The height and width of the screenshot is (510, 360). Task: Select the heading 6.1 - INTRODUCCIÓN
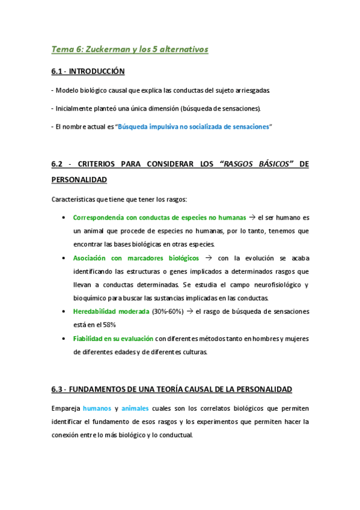tap(88, 72)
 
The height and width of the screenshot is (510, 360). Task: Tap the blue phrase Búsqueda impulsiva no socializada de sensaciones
tap(194, 127)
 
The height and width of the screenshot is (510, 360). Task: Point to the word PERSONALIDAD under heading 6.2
tap(79, 179)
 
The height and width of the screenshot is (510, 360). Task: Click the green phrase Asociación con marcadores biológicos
tap(136, 257)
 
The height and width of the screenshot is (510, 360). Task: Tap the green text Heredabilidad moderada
tap(111, 311)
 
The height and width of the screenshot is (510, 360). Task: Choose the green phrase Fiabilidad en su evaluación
tap(113, 338)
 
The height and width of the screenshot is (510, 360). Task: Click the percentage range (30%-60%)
tap(168, 311)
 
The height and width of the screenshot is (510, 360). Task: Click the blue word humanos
tap(97, 408)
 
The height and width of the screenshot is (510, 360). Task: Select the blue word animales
tap(135, 408)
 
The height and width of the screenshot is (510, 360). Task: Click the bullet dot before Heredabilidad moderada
tap(64, 311)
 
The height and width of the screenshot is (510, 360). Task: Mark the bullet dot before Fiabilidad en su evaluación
tap(64, 338)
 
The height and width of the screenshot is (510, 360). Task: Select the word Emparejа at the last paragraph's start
tap(66, 408)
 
